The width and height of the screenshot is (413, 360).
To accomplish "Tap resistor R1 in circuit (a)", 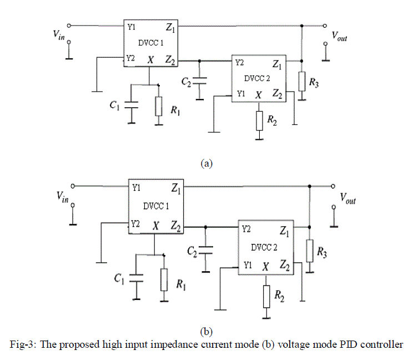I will click(x=159, y=106).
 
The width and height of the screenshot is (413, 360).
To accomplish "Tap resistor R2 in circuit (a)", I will click(x=259, y=119).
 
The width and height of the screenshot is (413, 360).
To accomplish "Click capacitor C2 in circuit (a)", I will click(x=201, y=81).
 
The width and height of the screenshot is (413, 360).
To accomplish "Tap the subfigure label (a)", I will click(x=206, y=163).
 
